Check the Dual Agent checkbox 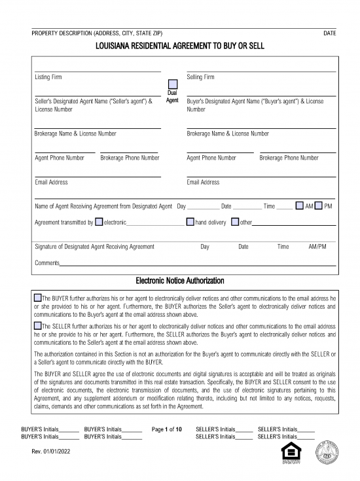[173, 84]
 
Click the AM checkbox [299, 206]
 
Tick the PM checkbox [318, 206]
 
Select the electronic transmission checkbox [99, 223]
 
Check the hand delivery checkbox [190, 223]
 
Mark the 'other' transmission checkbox [235, 223]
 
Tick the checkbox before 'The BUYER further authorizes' [38, 298]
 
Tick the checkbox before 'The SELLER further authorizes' [38, 325]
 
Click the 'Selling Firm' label [200, 77]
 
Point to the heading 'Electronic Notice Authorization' [179, 281]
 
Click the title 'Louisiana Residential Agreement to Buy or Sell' [179, 46]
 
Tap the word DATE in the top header [330, 33]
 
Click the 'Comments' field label [46, 263]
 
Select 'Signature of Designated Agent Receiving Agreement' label [94, 247]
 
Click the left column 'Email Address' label [51, 182]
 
